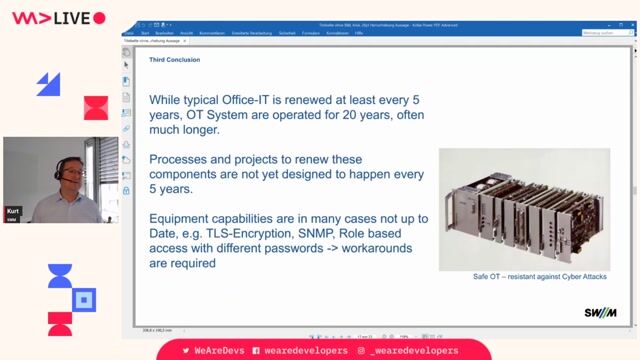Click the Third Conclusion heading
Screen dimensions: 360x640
point(174,60)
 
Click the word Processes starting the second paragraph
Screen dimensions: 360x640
point(185,160)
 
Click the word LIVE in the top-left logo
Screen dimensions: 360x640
point(67,17)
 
